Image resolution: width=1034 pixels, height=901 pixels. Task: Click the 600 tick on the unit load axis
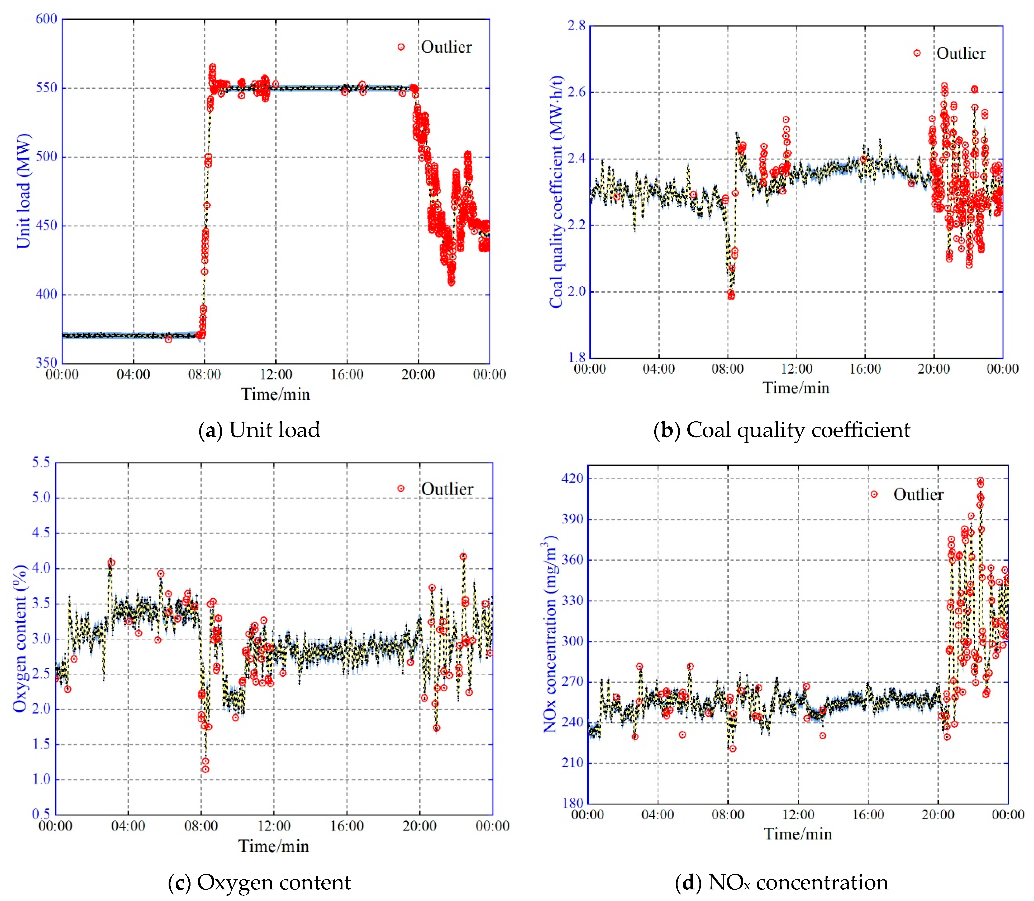(46, 19)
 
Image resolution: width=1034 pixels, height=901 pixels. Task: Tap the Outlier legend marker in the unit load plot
(401, 47)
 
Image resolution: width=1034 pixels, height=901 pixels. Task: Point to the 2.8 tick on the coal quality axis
(576, 25)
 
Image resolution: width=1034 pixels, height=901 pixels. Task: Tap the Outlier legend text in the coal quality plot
(961, 53)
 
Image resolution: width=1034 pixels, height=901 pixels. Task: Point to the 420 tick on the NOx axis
(573, 478)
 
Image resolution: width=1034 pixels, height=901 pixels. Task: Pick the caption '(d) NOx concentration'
(782, 882)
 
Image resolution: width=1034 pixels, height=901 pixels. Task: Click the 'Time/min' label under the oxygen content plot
(273, 846)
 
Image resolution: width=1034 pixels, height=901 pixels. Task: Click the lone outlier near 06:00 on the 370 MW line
(169, 339)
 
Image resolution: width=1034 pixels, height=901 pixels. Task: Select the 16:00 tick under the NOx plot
(868, 815)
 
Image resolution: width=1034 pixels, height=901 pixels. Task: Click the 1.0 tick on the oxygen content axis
(41, 779)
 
